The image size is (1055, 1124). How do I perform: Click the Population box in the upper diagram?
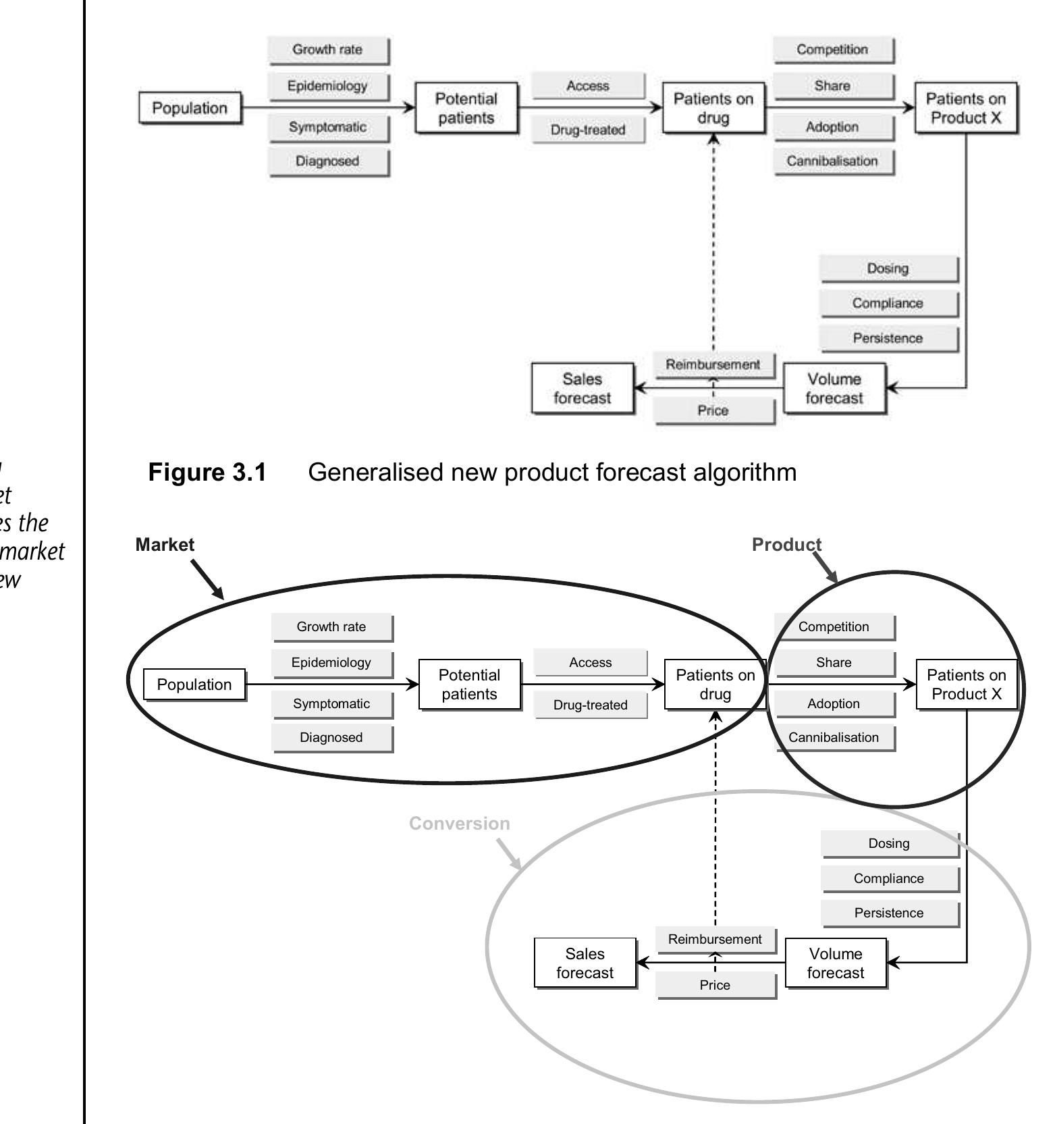click(190, 108)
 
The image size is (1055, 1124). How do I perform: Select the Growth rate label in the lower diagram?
click(331, 626)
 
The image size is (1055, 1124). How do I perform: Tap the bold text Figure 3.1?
click(207, 472)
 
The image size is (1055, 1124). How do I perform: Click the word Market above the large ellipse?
click(165, 545)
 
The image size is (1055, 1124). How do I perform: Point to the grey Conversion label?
click(459, 824)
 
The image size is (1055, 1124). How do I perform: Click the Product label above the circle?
click(786, 545)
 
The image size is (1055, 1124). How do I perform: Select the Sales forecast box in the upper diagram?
click(582, 388)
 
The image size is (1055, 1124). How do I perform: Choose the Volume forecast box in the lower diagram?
click(835, 963)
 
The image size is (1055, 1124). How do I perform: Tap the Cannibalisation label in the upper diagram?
click(832, 161)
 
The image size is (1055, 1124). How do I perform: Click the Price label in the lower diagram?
click(715, 985)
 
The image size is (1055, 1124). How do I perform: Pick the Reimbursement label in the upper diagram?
click(713, 365)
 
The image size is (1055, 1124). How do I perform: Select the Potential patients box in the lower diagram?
click(469, 685)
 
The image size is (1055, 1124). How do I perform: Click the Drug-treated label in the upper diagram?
click(587, 130)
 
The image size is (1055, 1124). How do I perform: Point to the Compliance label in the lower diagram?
click(888, 878)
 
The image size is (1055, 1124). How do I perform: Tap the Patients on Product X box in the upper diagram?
click(965, 108)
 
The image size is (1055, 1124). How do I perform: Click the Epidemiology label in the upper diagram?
click(327, 86)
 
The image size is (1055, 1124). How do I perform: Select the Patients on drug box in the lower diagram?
click(715, 685)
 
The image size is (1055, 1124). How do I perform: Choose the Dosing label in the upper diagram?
click(888, 268)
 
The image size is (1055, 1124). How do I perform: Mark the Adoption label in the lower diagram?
click(834, 703)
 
